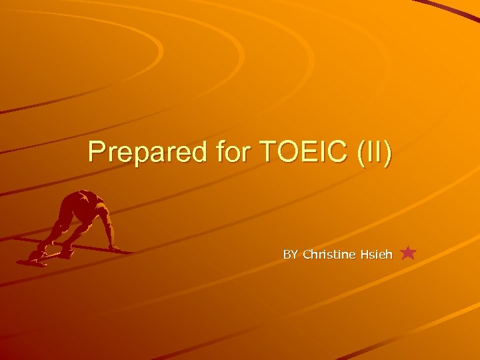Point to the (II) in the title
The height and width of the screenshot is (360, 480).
click(x=375, y=152)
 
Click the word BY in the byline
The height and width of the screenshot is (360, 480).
click(x=291, y=255)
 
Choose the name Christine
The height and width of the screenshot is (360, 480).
click(x=329, y=255)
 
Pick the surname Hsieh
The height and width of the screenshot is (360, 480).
click(x=376, y=255)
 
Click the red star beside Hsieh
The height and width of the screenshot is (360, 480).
click(x=409, y=253)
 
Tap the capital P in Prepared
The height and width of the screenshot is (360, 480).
click(x=97, y=152)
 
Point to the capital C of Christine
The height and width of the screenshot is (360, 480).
click(x=307, y=255)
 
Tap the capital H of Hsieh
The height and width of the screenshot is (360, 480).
click(x=363, y=255)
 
